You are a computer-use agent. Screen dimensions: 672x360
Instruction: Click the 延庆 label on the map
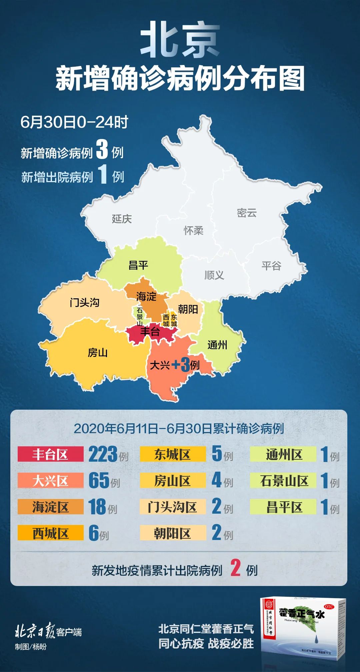click(x=122, y=219)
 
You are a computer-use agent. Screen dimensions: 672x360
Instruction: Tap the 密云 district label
click(x=247, y=213)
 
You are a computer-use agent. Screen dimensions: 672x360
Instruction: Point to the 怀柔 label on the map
click(x=193, y=230)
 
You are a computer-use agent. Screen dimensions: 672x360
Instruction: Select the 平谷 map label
click(x=271, y=266)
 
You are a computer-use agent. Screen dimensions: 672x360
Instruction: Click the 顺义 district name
click(x=214, y=275)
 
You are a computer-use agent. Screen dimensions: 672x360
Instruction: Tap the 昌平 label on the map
click(x=138, y=265)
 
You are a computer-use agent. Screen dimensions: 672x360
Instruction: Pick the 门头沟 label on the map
click(x=84, y=302)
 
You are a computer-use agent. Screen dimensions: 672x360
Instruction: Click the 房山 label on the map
click(x=97, y=352)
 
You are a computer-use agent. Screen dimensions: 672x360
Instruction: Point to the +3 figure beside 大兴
click(x=181, y=365)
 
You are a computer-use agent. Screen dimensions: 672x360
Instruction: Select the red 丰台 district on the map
click(x=150, y=332)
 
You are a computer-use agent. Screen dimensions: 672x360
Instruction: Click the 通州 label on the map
click(x=217, y=345)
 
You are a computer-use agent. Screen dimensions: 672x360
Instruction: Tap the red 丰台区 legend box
click(x=50, y=454)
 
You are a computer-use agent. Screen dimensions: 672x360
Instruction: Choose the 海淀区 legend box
click(x=50, y=507)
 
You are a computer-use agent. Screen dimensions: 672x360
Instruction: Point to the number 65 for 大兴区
click(x=99, y=480)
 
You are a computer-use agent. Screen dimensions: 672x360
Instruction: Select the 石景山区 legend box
click(x=283, y=480)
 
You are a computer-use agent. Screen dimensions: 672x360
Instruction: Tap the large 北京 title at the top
click(x=180, y=40)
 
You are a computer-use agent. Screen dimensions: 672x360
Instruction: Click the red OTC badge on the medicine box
click(x=329, y=606)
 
